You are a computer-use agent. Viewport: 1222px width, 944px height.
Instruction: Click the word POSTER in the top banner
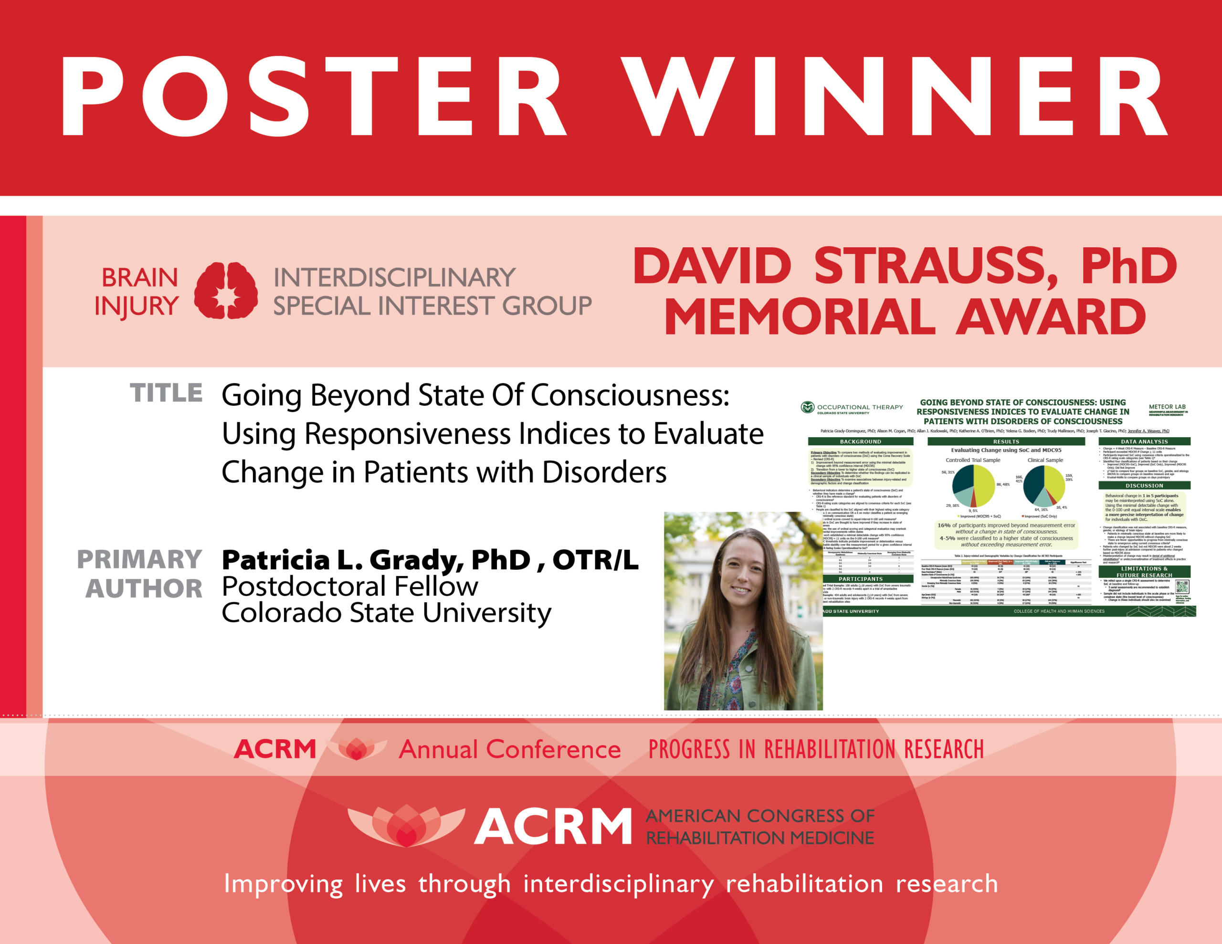pos(313,96)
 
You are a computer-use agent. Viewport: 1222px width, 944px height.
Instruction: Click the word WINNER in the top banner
pos(895,96)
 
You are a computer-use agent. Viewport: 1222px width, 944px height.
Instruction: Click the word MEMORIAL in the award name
pos(800,317)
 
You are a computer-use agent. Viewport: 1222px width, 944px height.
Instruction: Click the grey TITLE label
pos(166,393)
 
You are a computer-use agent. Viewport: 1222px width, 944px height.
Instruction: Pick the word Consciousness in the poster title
pos(630,396)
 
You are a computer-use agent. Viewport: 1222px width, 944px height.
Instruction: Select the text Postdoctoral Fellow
pos(350,587)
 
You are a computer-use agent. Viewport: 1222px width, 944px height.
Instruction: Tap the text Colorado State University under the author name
pos(386,613)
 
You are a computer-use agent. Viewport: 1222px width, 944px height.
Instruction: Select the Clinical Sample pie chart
pos(1044,484)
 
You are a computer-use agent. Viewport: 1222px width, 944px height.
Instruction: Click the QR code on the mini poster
pos(1182,587)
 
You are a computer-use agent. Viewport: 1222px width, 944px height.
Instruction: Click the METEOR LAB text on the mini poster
pos(1167,407)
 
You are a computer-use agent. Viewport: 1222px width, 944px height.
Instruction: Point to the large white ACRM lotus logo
pos(406,825)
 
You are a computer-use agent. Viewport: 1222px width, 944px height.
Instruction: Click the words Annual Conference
pos(509,749)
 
